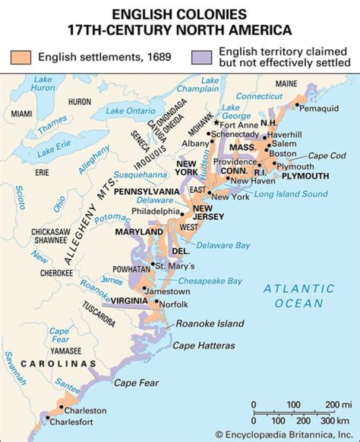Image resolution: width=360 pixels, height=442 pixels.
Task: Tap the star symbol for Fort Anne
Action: [x=216, y=123]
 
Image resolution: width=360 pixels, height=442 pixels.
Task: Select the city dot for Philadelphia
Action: [x=182, y=214]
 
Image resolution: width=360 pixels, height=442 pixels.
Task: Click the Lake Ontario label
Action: [x=130, y=111]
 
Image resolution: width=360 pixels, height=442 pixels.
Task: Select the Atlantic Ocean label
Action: [x=299, y=296]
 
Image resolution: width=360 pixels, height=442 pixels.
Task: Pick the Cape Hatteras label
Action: [x=203, y=346]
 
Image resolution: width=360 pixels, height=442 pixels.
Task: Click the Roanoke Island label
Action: [x=209, y=323]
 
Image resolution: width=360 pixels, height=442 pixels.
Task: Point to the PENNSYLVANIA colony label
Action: [x=146, y=192]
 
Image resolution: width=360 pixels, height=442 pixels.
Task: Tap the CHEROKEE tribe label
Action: [x=57, y=273]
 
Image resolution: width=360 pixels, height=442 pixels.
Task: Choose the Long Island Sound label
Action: [x=291, y=194]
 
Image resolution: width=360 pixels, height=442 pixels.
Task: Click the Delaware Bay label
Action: [x=223, y=245]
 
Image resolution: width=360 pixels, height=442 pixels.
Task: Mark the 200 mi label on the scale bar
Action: [x=339, y=404]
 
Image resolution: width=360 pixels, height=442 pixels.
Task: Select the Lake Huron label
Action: [x=43, y=84]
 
